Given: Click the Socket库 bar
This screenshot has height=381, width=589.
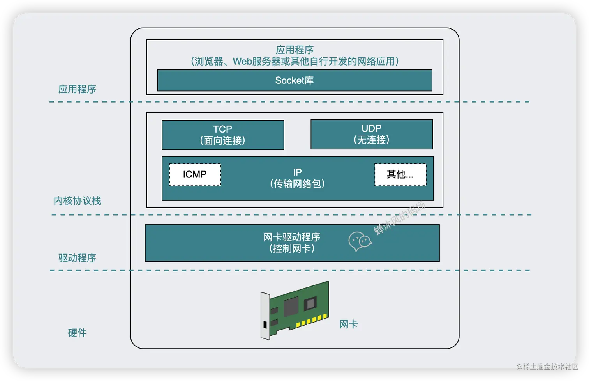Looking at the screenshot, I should pos(294,80).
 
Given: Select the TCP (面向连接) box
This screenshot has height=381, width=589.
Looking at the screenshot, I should pos(222,135).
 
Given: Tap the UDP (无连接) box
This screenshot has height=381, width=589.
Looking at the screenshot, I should pos(371,134).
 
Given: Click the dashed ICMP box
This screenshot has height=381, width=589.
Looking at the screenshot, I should pos(195,174).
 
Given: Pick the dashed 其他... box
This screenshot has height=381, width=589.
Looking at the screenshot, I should pos(400,174).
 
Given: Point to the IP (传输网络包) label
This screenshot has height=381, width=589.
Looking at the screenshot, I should pos(297,178).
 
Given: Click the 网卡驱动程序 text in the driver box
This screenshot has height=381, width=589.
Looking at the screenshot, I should pos(291,237).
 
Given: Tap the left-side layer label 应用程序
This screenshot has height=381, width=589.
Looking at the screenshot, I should pos(77,89).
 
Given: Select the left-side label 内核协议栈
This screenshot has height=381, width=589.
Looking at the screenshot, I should pos(77,201).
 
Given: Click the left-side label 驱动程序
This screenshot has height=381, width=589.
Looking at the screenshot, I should pos(77,258).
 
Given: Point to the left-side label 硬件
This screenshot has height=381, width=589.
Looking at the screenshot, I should pos(77,333).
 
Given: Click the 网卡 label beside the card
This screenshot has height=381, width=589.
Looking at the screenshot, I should pos(348,324).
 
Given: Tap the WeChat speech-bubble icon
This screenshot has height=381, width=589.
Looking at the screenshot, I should pos(360,241).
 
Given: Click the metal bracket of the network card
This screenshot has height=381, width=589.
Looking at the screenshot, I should pos(265,316).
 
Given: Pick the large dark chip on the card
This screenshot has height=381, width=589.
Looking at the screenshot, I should pos(291,307).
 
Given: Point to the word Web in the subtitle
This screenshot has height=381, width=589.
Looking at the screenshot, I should pos(242,62).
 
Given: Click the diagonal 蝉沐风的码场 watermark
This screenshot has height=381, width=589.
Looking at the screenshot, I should pos(400,218).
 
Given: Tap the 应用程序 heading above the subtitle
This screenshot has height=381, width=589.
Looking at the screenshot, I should pos(294,50).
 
